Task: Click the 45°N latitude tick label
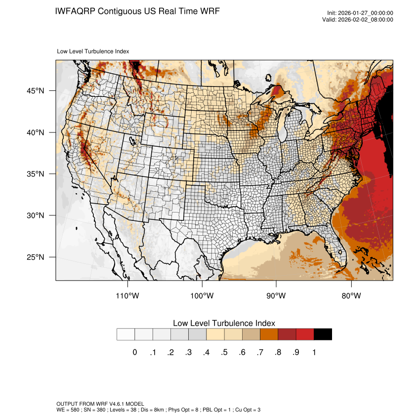tap(36, 91)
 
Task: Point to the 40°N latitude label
tap(36, 132)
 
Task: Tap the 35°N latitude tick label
tap(36, 174)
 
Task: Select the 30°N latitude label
tap(36, 215)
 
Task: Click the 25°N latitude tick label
tap(36, 257)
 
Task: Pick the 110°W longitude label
tap(128, 296)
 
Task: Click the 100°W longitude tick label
tap(202, 296)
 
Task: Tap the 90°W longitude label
tap(276, 296)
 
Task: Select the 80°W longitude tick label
tap(351, 296)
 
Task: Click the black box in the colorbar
tap(323, 335)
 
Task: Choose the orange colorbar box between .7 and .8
tap(269, 335)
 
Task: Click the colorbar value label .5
tap(224, 352)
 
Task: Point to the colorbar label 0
tap(135, 352)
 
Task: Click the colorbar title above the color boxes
tap(224, 323)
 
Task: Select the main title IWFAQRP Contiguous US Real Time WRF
tap(138, 11)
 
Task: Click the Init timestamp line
tap(360, 13)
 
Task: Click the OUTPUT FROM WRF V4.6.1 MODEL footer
tap(100, 404)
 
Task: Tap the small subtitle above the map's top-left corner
tap(93, 51)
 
